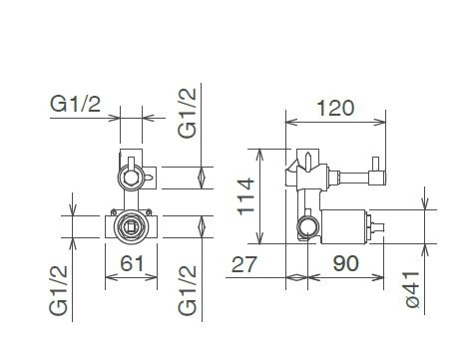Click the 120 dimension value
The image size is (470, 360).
335,109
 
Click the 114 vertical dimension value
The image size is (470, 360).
246,196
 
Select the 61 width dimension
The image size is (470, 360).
132,263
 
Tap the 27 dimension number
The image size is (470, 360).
244,264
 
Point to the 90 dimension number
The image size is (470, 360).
346,263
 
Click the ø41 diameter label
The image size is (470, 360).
412,289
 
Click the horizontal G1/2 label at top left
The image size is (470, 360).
75,104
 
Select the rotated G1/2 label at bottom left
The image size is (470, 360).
59,290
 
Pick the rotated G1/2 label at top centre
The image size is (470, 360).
187,113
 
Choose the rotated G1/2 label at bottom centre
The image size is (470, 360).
188,290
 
